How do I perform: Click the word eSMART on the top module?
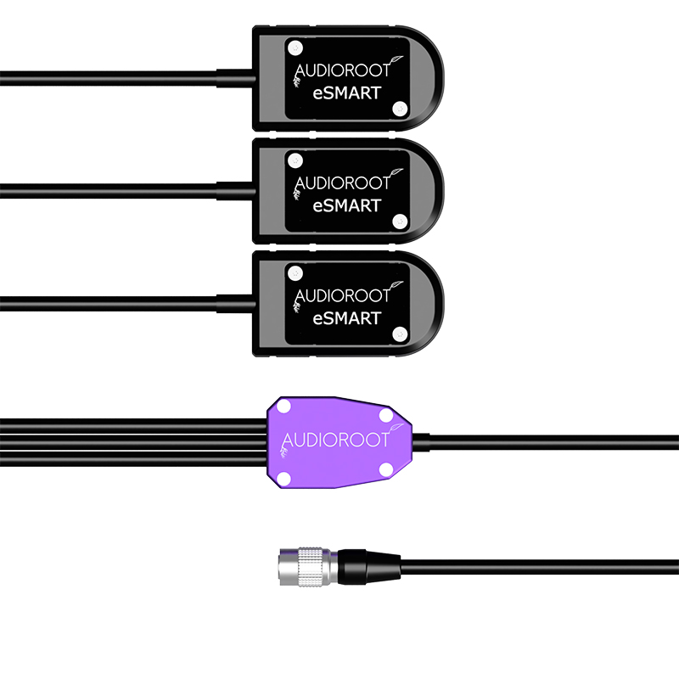pos(347,93)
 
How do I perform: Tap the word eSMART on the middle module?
pos(347,205)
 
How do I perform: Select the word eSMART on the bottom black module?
pos(347,318)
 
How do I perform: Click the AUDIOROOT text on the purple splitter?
pos(335,440)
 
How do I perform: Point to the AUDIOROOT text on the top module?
pos(343,71)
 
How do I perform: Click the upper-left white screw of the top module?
pos(295,48)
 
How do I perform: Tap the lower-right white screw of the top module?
pos(400,109)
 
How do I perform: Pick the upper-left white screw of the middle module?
pos(295,160)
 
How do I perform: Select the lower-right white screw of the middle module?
pos(400,222)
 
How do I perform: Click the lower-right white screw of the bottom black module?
pos(400,334)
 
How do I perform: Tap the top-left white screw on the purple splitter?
pos(283,407)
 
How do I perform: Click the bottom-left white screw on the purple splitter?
pos(283,479)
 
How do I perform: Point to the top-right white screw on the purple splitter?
pos(386,416)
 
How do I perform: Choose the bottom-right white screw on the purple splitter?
pos(386,469)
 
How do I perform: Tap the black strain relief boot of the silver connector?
pos(368,566)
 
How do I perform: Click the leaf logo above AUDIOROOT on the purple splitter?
pos(395,429)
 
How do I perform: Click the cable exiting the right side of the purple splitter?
pos(546,442)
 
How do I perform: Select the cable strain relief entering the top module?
pos(236,78)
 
